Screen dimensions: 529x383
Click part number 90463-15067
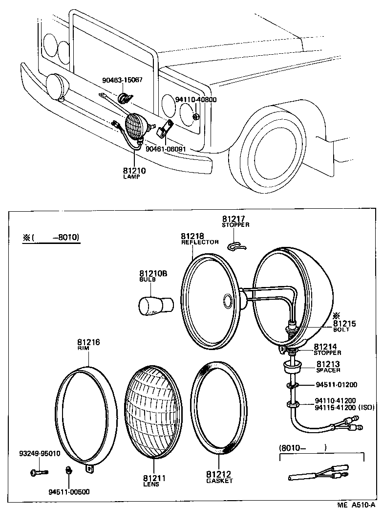pyautogui.click(x=122, y=80)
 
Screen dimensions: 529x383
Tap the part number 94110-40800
pyautogui.click(x=195, y=99)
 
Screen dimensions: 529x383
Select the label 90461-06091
pyautogui.click(x=166, y=149)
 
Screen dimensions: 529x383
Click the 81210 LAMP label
pyautogui.click(x=134, y=173)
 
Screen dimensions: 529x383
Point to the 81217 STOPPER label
pyautogui.click(x=235, y=221)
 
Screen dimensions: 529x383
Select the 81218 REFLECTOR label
pyautogui.click(x=199, y=239)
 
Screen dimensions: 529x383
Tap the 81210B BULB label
pyautogui.click(x=153, y=276)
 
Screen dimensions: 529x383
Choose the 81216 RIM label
pyautogui.click(x=88, y=345)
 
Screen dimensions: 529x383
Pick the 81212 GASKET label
pyautogui.click(x=218, y=477)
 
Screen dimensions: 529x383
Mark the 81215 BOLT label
pyautogui.click(x=344, y=326)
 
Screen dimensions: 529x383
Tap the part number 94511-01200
pyautogui.click(x=336, y=384)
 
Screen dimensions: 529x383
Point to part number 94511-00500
pyautogui.click(x=68, y=491)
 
